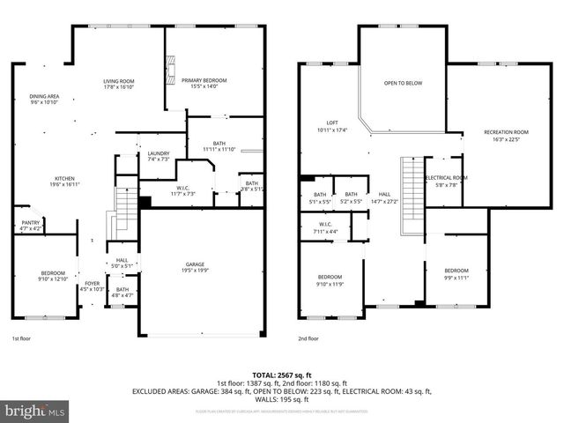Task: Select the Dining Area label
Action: click(x=44, y=99)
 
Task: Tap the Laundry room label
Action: click(x=159, y=156)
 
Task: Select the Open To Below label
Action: click(x=403, y=84)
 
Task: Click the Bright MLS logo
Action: click(x=35, y=411)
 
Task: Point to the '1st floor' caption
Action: click(x=21, y=338)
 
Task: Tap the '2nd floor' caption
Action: click(x=308, y=338)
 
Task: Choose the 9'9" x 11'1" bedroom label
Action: click(x=456, y=273)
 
